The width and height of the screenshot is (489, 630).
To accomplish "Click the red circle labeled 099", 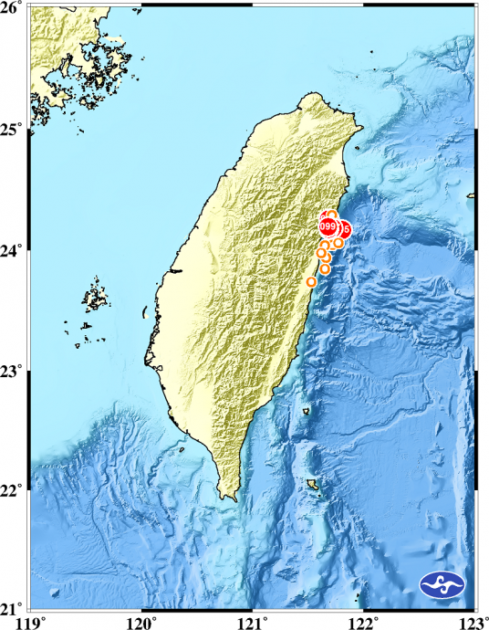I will point(328,226).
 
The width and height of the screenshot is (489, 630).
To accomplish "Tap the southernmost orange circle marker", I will point(311,282).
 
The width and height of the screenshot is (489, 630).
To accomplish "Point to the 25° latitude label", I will point(15,129).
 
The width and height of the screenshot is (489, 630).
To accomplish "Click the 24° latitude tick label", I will point(15,250).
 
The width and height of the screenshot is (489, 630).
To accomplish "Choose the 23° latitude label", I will point(15,372).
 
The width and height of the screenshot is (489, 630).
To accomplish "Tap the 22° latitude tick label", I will point(15,491).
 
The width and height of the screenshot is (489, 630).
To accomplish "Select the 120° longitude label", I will point(142,622).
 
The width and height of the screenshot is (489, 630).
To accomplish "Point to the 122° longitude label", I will point(364,622).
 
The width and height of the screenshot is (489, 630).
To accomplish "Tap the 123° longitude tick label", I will point(475,622).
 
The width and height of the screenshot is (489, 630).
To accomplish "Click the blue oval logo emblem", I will point(444,584).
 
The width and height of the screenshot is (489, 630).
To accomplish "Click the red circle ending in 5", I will point(345,227).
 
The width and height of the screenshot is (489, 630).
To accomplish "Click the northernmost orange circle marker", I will point(332,215).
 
